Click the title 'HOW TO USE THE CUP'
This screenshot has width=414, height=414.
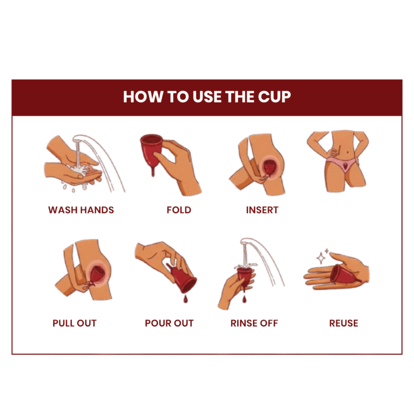tap(206, 97)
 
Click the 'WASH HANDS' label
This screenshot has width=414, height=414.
tap(81, 210)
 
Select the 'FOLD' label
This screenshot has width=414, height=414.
tap(179, 210)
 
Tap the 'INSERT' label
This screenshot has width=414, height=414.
tap(262, 210)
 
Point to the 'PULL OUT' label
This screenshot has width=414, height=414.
tap(75, 323)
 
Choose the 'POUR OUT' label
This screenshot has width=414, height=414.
tap(169, 323)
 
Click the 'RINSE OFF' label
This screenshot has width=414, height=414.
tap(254, 323)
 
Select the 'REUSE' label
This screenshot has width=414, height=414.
tap(344, 323)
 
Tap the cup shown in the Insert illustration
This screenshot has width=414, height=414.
tap(270, 167)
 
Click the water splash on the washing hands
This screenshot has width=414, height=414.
tap(78, 168)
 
